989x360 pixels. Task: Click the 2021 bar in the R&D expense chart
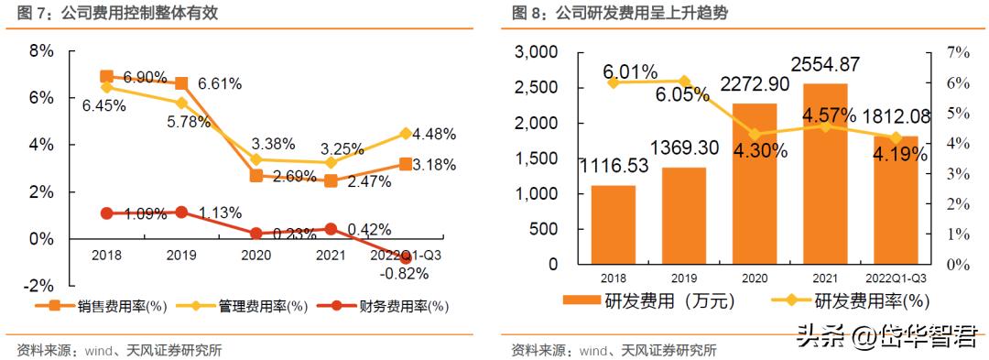[825, 174]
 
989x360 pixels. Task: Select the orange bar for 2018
[614, 224]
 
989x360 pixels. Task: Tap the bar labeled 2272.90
[755, 184]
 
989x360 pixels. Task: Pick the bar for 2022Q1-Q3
[896, 201]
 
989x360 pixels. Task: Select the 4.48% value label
[434, 135]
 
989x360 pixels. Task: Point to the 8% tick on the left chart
[41, 50]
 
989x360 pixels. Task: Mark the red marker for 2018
[106, 213]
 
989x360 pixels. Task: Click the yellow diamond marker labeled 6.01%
[614, 82]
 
